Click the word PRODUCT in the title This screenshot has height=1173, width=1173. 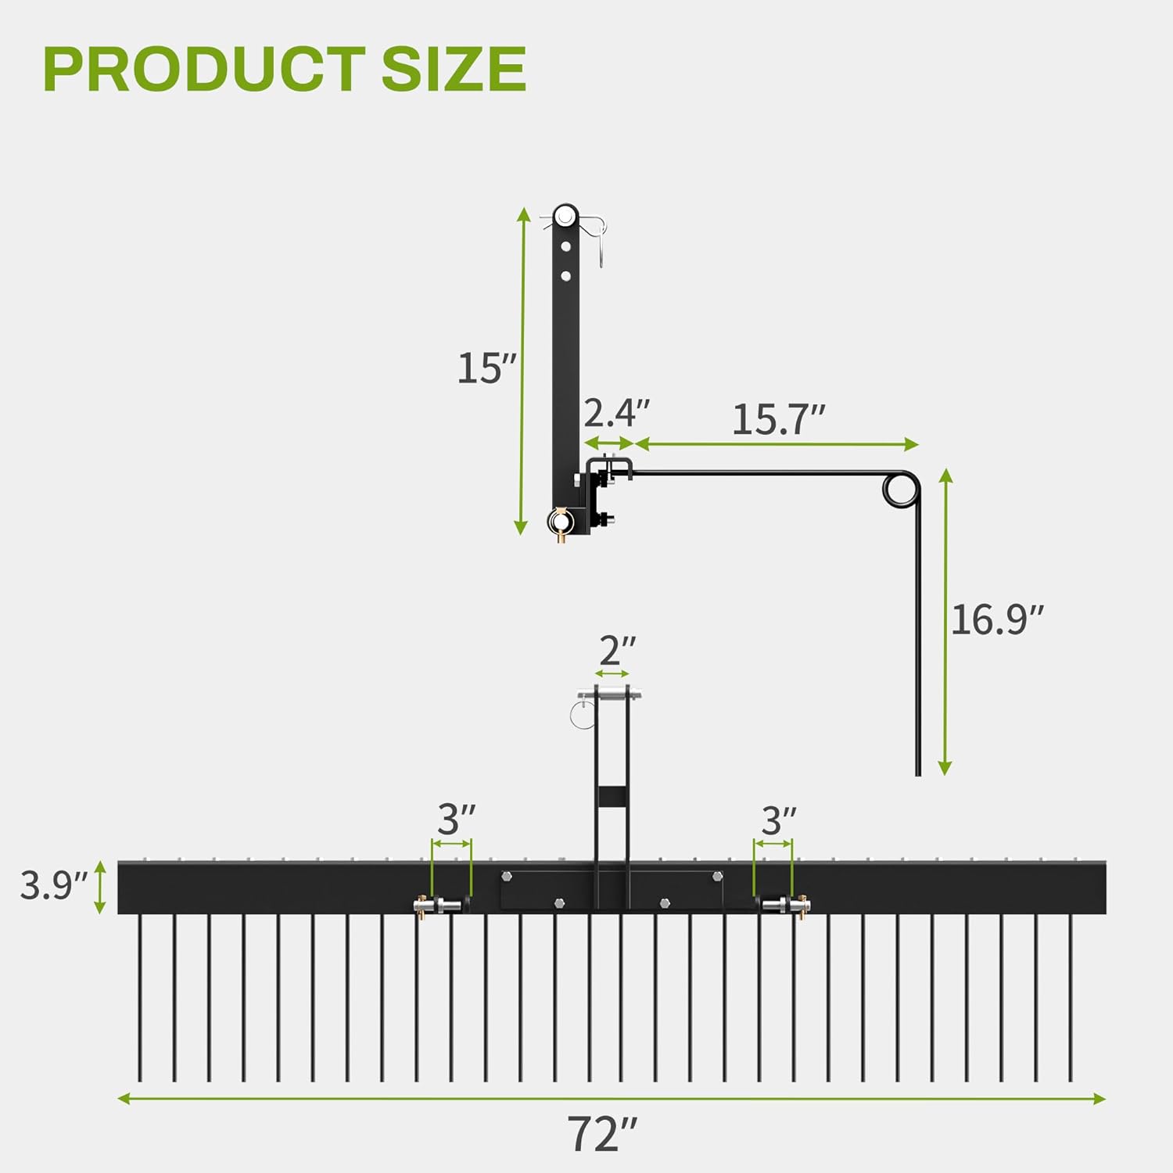203,69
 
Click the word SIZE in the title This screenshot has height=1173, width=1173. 454,69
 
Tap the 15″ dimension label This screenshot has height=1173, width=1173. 486,368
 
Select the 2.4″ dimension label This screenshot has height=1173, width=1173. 616,412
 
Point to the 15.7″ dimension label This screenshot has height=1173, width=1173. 778,420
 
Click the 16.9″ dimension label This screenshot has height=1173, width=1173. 997,620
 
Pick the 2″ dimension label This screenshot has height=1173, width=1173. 617,651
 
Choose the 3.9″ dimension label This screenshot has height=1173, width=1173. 53,886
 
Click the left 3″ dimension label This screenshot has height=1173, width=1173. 456,820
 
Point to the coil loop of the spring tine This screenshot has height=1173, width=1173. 900,490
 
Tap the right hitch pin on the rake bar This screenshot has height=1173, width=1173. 785,906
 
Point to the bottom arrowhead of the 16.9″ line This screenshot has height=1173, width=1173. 945,769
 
